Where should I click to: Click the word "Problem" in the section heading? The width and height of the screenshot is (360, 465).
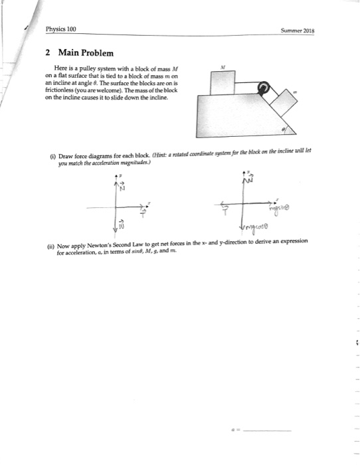(98, 52)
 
